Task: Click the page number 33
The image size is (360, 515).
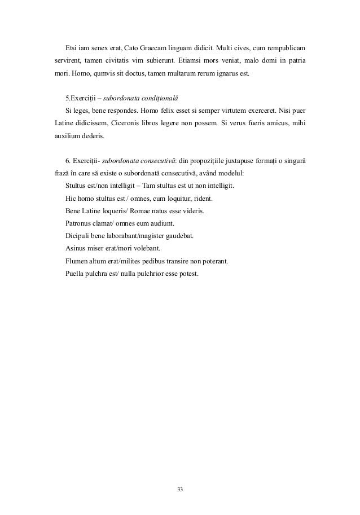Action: coord(180,488)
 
